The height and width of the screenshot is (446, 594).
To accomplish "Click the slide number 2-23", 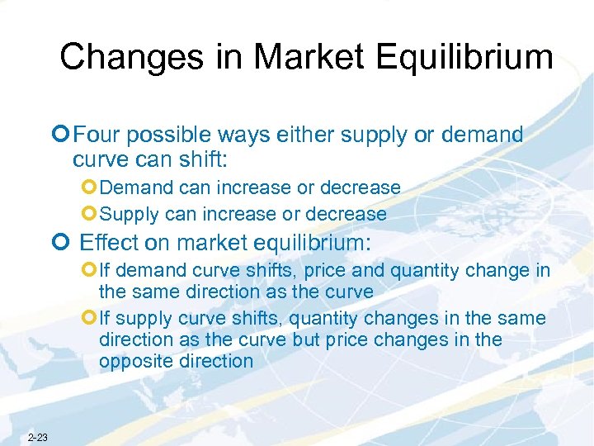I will [38, 436].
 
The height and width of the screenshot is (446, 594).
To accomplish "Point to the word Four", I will [104, 135].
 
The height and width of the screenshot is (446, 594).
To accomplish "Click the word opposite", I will [137, 361].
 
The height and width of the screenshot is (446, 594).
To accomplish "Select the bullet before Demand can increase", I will [90, 188].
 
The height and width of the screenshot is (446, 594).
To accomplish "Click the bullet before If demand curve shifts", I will [90, 269].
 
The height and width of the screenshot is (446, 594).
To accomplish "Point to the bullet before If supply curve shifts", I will [90, 318].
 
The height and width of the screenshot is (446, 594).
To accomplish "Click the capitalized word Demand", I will [134, 188].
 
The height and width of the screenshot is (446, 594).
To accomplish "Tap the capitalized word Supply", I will [129, 215].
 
